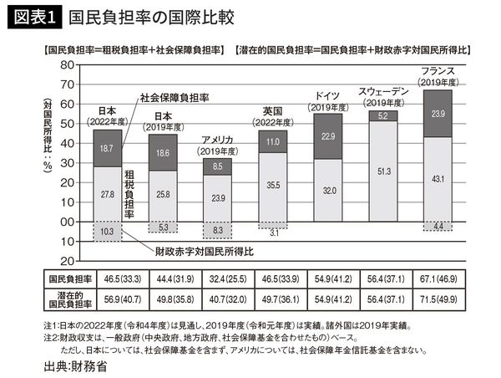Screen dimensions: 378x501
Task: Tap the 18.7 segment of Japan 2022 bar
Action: (107, 147)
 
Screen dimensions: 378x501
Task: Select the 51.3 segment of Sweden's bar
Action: (383, 171)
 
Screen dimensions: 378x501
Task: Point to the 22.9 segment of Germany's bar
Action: (328, 136)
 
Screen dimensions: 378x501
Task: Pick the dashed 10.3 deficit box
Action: (107, 230)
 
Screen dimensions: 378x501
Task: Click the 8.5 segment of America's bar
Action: (217, 166)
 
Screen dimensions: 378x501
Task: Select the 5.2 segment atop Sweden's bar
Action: (383, 116)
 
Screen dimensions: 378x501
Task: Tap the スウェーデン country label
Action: (382, 91)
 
